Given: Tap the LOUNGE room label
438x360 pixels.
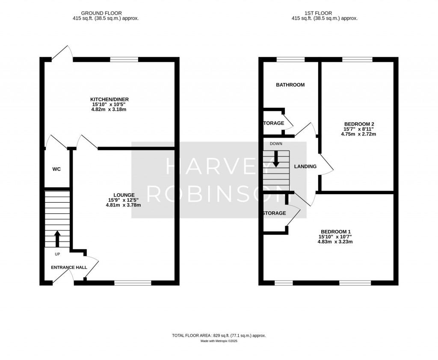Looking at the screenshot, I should coord(123,195).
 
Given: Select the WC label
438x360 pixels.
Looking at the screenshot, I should coord(56,169).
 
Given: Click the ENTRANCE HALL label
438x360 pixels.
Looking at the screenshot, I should coord(69,268).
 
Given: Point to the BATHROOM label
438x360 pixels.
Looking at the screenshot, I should coord(290,85).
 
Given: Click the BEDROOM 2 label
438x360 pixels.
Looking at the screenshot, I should coord(358,124).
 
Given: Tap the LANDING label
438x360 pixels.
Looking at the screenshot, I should coord(305,166).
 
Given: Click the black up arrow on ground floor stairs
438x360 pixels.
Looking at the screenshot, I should coord(57,239).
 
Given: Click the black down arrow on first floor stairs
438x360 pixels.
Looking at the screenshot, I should coord(276,159).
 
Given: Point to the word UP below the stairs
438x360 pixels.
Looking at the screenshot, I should coord(57,254).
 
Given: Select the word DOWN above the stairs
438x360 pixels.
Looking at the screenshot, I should coord(276,144).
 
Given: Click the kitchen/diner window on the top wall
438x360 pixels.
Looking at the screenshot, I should coord(124,59).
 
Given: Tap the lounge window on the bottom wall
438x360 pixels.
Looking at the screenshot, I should coord(133,283).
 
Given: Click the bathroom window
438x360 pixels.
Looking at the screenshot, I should coord(290,59).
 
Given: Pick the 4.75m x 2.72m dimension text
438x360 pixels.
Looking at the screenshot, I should coord(358,134).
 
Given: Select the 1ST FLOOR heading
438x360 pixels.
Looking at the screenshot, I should coord(324,13).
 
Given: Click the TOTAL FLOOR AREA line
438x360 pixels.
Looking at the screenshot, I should coord(219,336).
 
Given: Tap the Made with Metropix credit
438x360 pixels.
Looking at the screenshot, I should coord(219,341).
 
